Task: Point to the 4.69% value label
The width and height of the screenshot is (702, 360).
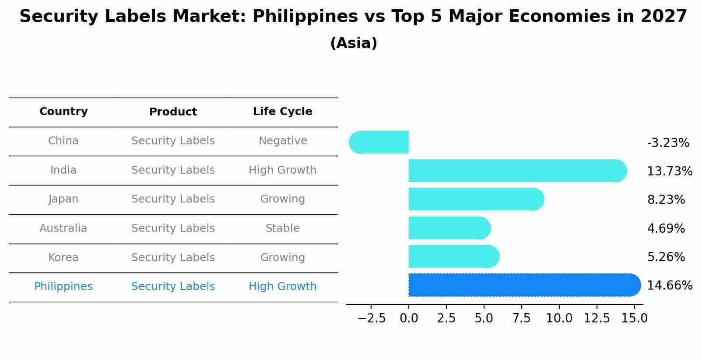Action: click(x=666, y=228)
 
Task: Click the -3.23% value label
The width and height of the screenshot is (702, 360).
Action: click(x=668, y=143)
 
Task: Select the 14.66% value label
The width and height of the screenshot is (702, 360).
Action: click(x=670, y=286)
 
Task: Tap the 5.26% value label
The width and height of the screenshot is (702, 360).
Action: click(x=666, y=257)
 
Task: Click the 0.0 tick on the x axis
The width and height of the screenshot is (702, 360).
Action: click(x=409, y=318)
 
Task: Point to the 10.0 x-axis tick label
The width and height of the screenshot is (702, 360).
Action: click(x=559, y=318)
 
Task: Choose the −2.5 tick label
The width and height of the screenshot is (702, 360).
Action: click(x=372, y=318)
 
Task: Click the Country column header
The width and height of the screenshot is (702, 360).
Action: click(x=63, y=112)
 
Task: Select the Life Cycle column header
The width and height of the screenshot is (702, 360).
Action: click(x=283, y=112)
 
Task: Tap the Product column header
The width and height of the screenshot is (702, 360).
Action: click(x=173, y=112)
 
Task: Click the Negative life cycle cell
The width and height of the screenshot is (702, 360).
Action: click(x=283, y=141)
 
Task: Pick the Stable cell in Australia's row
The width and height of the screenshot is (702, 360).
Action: click(x=283, y=228)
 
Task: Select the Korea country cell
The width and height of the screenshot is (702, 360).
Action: click(x=63, y=258)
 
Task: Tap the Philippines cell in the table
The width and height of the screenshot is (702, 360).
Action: click(x=63, y=287)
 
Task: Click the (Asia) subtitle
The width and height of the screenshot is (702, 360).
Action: click(x=354, y=43)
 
